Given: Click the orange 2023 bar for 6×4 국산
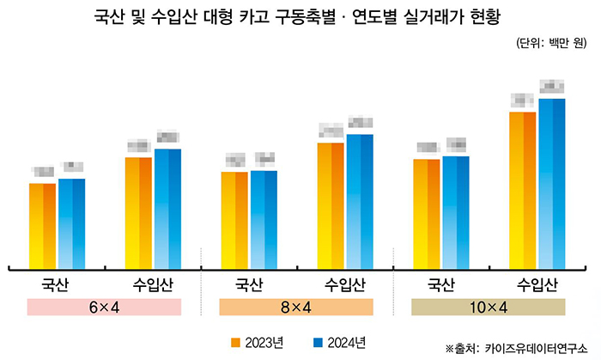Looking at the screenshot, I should (43, 225).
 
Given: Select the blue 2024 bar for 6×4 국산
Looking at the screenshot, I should (71, 223).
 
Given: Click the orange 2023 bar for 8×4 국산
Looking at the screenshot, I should (234, 220).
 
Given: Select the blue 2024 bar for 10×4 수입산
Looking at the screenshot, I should (552, 183).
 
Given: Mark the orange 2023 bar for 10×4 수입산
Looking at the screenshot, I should (523, 190).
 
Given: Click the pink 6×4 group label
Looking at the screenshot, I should (105, 308).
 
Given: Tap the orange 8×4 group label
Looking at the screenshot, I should (296, 308).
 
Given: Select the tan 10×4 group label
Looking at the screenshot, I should (488, 308).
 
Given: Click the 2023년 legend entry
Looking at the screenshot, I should (258, 343).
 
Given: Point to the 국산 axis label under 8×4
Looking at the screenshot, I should (248, 284).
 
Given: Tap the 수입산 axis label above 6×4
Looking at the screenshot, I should (154, 284).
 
